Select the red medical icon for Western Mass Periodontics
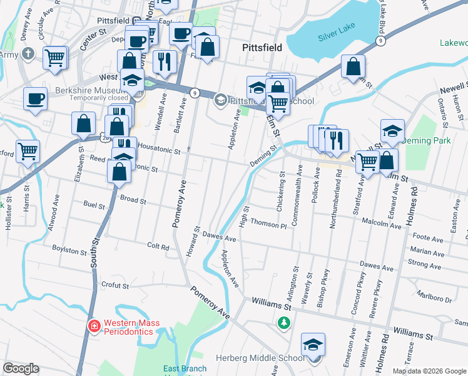pos(94,326)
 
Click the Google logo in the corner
pos(21,368)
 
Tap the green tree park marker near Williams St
pos(284,323)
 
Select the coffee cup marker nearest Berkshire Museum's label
pos(35,98)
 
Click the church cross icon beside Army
pos(28,53)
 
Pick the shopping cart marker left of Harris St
pos(28,150)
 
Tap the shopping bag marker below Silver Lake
pos(353,66)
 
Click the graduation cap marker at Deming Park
pos(392,130)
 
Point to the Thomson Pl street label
pos(267,223)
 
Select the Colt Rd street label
pos(158,247)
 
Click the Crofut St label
pos(114,285)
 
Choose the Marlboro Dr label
pos(434,299)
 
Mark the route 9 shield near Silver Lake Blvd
pos(380,41)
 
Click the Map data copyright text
pos(429,371)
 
